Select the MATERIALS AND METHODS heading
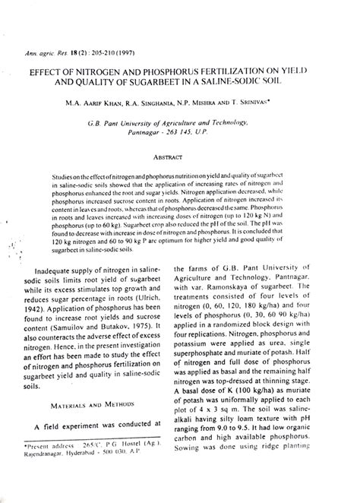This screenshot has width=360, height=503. pyautogui.click(x=84, y=406)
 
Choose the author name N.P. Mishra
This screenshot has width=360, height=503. pyautogui.click(x=226, y=100)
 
